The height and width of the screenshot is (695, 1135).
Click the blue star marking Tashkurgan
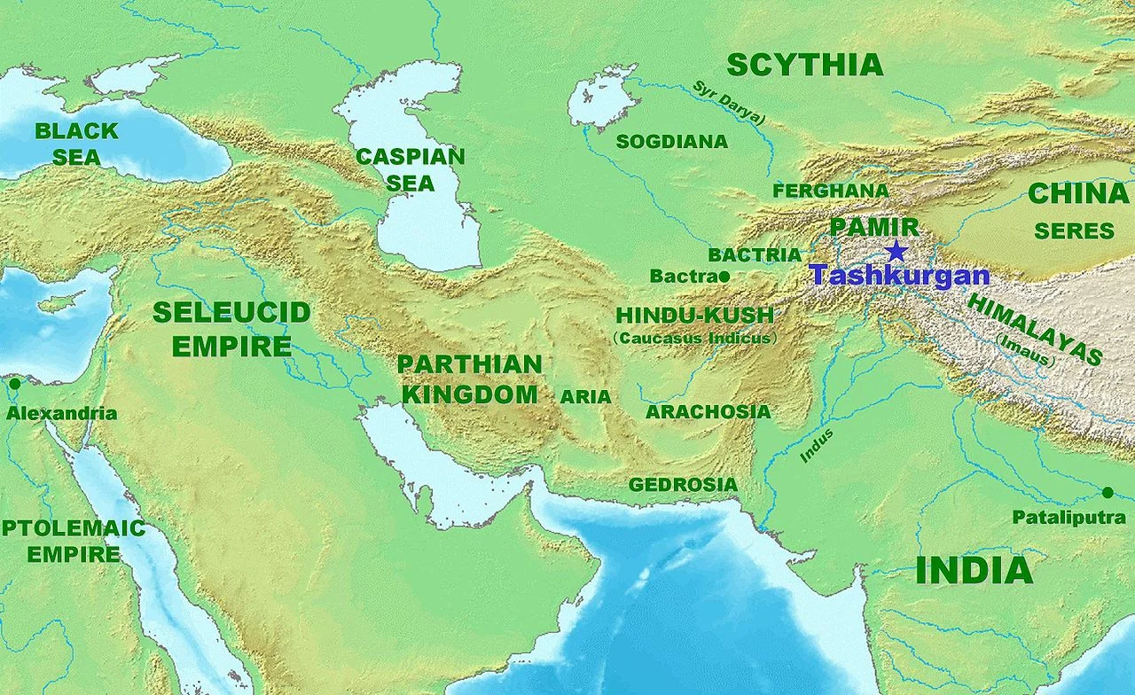(896, 251)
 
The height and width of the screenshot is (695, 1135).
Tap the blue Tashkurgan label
(899, 275)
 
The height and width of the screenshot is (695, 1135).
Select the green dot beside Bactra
(724, 277)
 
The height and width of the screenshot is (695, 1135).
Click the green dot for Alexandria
(14, 384)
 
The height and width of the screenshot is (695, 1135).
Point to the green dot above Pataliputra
(1107, 492)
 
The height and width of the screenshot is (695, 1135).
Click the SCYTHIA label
(804, 65)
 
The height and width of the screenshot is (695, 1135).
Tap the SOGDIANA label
(671, 142)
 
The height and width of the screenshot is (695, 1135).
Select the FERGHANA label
(830, 191)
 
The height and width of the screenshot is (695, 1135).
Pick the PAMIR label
(873, 227)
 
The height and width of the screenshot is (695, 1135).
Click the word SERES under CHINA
(1074, 231)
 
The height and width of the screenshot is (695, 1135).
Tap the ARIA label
(585, 397)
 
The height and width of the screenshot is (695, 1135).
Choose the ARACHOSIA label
(708, 412)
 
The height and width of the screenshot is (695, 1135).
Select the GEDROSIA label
(683, 485)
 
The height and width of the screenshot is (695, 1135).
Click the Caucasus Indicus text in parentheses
(694, 338)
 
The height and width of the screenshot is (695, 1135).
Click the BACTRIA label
(755, 255)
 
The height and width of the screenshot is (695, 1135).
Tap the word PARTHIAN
(469, 364)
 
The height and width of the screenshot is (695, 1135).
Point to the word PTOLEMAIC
(73, 529)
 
